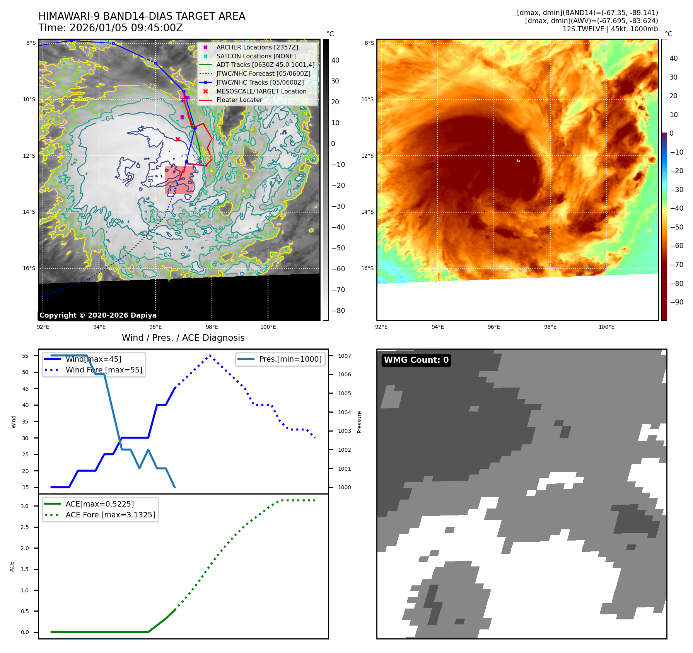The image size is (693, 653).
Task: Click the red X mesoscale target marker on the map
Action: (x=178, y=139)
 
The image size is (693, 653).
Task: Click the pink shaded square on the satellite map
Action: (x=179, y=180)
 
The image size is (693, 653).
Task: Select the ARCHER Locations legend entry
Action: (x=257, y=47)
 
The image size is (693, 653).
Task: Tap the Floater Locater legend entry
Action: (x=239, y=100)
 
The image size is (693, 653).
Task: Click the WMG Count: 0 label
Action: (x=416, y=360)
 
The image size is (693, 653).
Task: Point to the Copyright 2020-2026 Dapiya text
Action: (x=98, y=315)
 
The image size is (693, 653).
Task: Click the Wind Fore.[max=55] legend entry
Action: (x=104, y=370)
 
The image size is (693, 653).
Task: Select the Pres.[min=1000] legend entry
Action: (x=290, y=359)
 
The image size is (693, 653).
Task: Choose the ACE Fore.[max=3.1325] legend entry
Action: (x=110, y=515)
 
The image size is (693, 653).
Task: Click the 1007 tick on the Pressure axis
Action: (x=344, y=356)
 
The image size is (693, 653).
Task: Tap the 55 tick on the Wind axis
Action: (x=26, y=356)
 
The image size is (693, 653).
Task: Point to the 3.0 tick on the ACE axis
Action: (x=25, y=506)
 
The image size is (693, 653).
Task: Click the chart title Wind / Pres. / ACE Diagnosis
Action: (x=183, y=338)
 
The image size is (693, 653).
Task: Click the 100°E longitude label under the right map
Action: (x=606, y=327)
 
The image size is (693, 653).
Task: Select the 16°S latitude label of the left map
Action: (x=29, y=268)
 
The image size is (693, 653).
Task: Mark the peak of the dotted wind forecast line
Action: (x=210, y=355)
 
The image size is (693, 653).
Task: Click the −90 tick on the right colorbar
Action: (x=676, y=302)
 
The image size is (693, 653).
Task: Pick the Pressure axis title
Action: (x=359, y=422)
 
